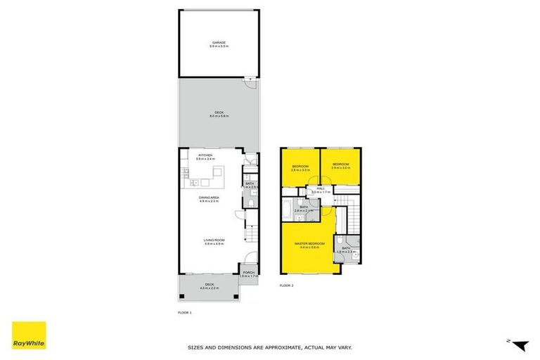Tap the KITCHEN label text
(x=205, y=155)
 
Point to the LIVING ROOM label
(x=214, y=241)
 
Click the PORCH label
(x=248, y=273)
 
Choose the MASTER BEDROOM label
(x=309, y=243)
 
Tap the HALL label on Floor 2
(x=320, y=188)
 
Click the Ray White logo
(x=29, y=338)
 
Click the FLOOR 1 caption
(x=184, y=311)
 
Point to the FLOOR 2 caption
(x=286, y=285)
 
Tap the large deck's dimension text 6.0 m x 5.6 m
(x=218, y=117)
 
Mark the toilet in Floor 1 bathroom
(x=250, y=204)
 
